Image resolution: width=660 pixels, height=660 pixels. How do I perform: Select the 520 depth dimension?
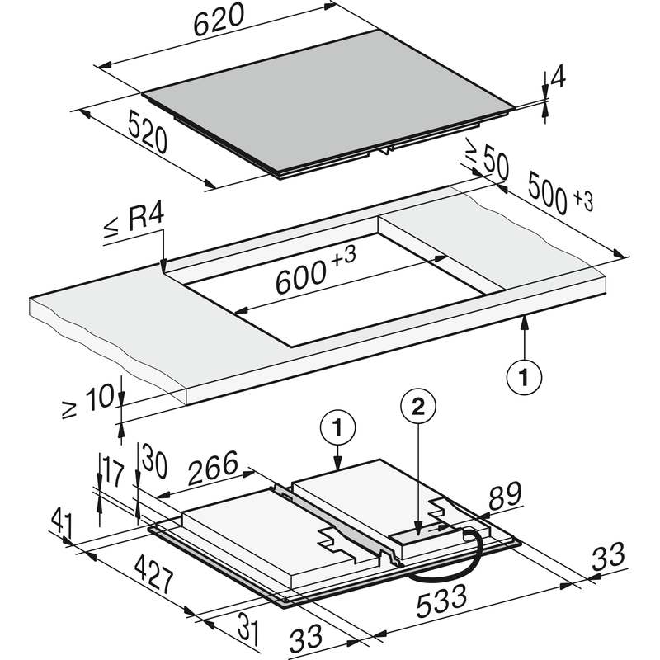pyautogui.click(x=148, y=133)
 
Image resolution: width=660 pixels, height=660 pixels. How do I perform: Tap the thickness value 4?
pyautogui.click(x=558, y=78)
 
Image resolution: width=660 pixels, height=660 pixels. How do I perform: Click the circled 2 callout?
pyautogui.click(x=417, y=406)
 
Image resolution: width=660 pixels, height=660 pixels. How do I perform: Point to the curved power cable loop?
pyautogui.click(x=462, y=561)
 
